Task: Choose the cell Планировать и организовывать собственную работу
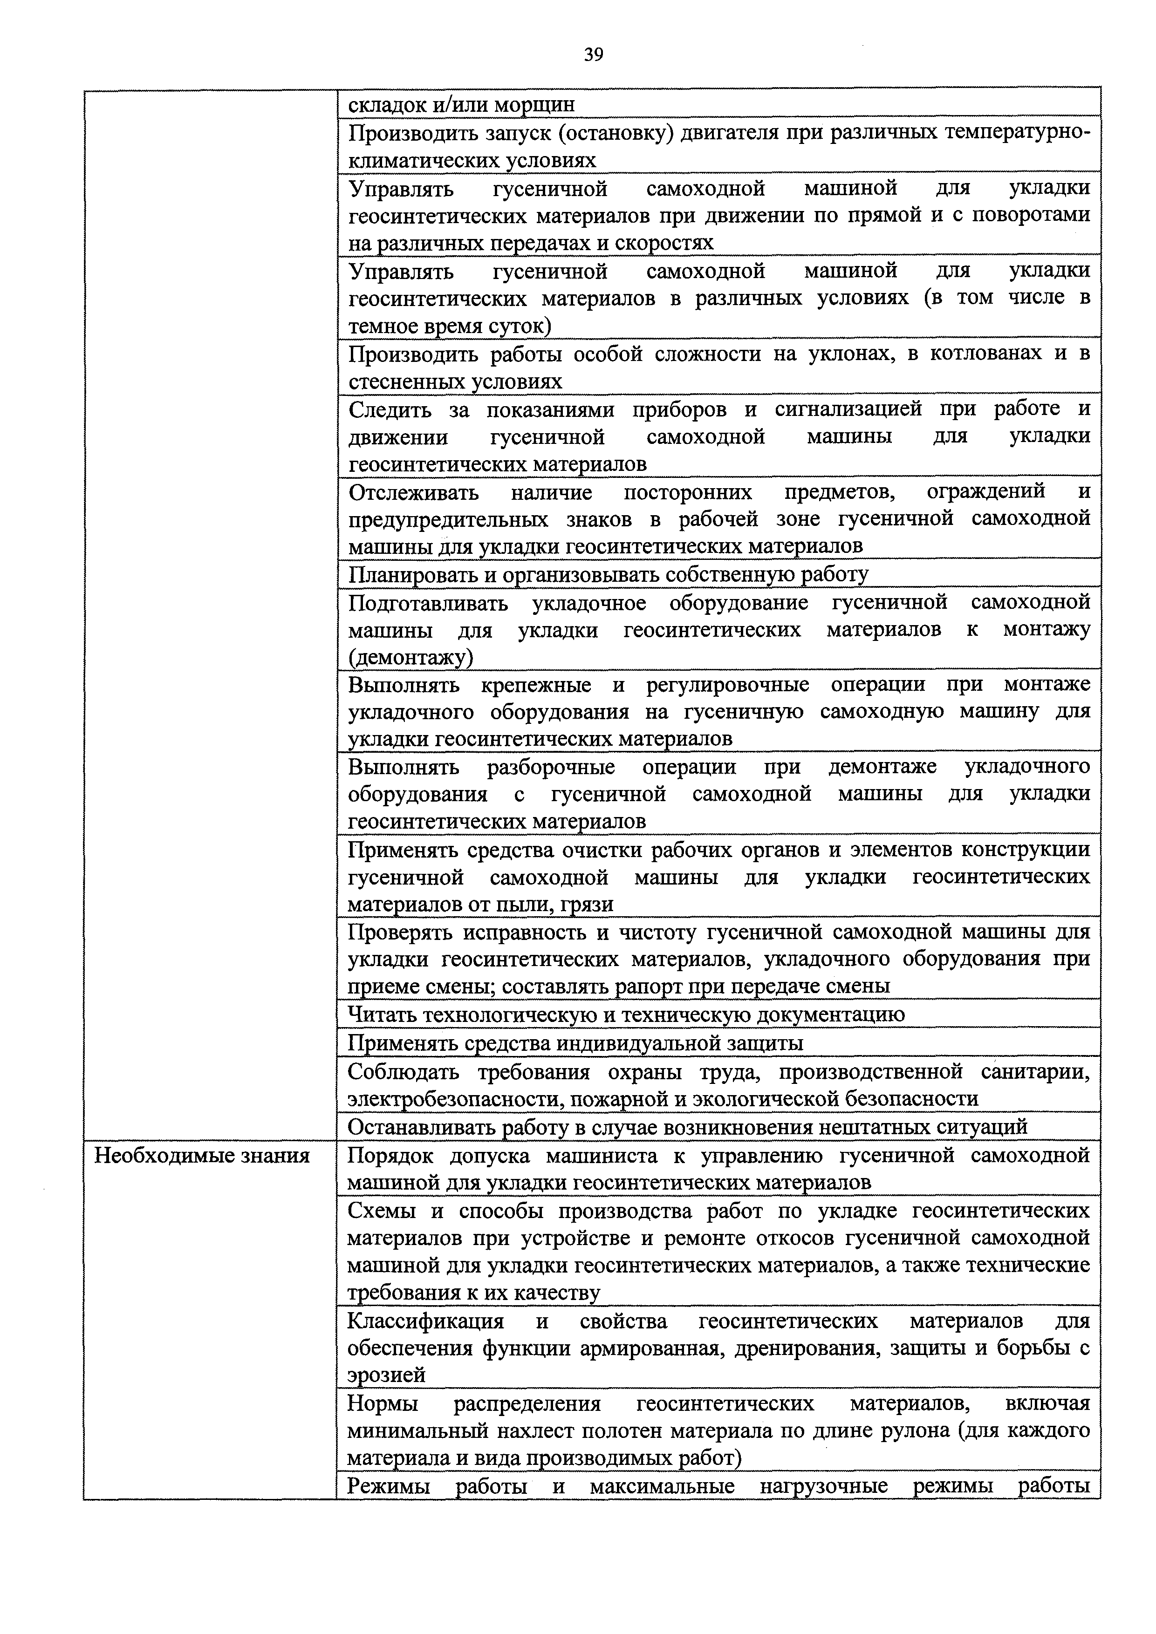click(609, 574)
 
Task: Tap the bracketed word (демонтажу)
click(410, 658)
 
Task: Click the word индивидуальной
click(640, 1043)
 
